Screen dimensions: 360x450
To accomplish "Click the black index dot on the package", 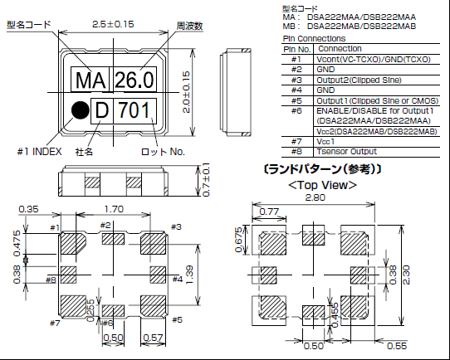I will tap(80, 109).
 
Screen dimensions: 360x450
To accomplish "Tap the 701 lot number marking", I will tap(135, 109).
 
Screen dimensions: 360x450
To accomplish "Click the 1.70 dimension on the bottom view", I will tap(113, 212).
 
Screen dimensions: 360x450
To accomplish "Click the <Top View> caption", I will tap(323, 184).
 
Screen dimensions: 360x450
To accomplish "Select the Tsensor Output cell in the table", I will tap(349, 151).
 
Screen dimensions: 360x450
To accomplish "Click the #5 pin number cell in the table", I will tap(296, 100).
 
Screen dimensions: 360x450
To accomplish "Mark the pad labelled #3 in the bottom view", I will tap(156, 245).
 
